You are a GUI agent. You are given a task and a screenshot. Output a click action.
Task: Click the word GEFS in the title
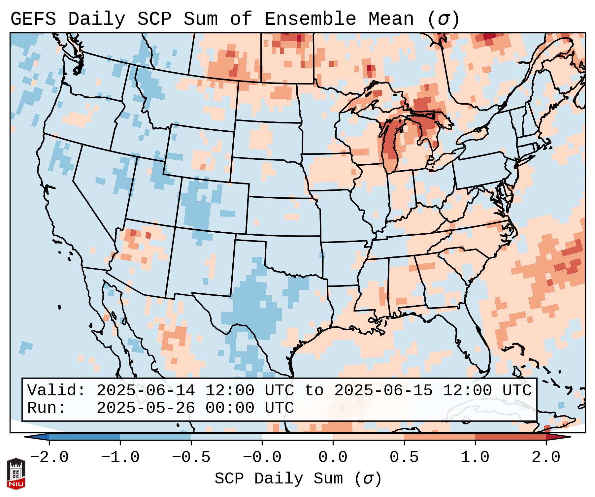(33, 19)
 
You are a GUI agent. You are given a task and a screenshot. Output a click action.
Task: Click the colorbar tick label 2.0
(546, 457)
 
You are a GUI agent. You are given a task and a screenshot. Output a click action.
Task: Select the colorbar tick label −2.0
(49, 457)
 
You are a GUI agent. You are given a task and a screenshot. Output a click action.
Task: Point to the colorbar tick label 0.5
(404, 457)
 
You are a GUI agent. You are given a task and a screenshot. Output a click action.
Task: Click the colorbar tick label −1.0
(120, 457)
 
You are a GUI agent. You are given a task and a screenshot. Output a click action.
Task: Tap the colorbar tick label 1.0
(475, 457)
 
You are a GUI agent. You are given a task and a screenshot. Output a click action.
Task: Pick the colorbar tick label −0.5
(191, 457)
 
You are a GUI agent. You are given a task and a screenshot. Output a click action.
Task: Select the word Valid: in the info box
(56, 391)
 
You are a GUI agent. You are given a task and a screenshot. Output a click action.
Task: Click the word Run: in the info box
(47, 408)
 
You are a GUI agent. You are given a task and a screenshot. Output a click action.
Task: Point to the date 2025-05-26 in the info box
(146, 408)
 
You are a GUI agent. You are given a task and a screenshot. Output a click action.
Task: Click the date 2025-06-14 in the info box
(146, 391)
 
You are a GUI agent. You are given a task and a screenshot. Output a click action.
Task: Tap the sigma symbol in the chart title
(443, 19)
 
